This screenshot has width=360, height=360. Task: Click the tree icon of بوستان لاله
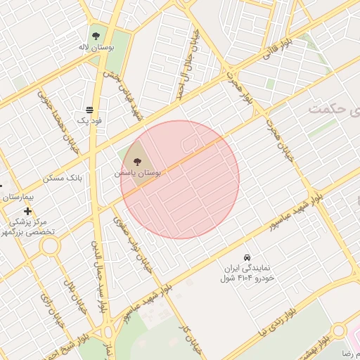click(x=96, y=34)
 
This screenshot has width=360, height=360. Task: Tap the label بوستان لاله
click(x=96, y=47)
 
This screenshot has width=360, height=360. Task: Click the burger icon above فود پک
click(x=89, y=110)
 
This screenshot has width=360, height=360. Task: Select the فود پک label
click(x=89, y=121)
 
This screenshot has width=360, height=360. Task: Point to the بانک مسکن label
click(x=63, y=178)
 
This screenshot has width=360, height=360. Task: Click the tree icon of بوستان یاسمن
click(x=136, y=162)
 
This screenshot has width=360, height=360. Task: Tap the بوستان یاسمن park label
click(x=137, y=173)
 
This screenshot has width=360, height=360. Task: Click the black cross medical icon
click(x=27, y=211)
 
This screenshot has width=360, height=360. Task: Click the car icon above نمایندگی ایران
click(x=246, y=257)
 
